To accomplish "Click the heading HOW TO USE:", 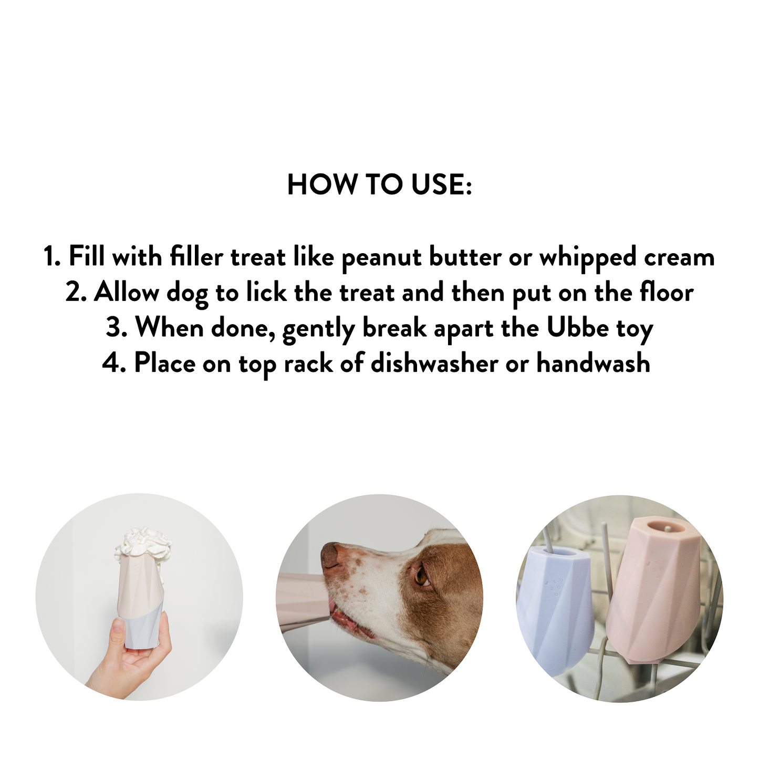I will pos(379,185).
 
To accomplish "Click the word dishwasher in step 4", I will pos(434,363).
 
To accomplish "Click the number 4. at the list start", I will pos(114,363).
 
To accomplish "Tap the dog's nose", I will pos(330,555).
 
